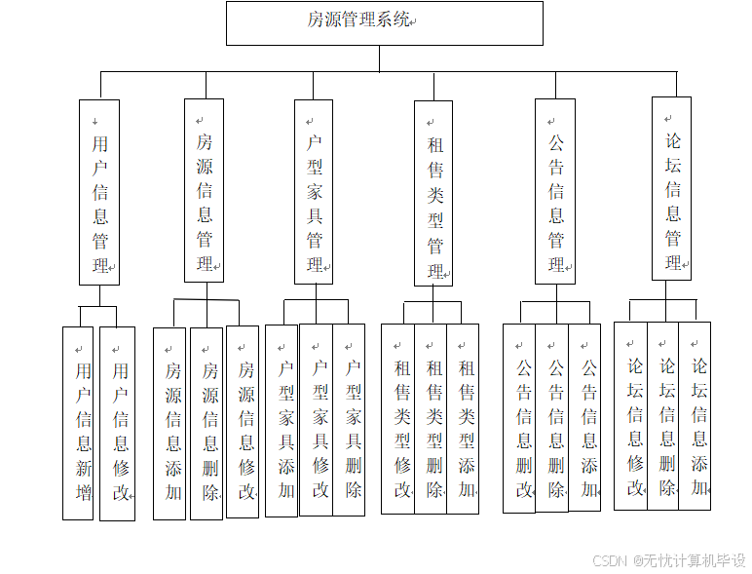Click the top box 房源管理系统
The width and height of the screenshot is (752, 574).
click(x=384, y=23)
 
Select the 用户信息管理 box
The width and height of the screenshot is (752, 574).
click(x=99, y=192)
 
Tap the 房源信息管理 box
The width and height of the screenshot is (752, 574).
click(x=204, y=191)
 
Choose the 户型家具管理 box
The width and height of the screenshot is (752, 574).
click(x=314, y=191)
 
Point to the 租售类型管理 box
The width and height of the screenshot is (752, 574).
click(x=433, y=193)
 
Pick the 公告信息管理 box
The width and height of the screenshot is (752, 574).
click(x=555, y=191)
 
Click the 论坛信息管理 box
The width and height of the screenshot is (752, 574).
click(x=672, y=189)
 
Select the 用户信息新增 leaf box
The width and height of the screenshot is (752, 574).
click(x=79, y=423)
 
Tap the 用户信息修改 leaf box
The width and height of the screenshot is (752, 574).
click(x=118, y=423)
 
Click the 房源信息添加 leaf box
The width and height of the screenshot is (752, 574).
click(x=170, y=423)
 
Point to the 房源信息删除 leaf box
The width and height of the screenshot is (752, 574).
click(x=207, y=423)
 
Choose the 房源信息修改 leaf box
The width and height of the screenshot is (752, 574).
click(x=244, y=421)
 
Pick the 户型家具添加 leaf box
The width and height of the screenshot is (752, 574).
click(x=282, y=420)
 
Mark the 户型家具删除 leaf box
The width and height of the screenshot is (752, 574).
click(x=350, y=420)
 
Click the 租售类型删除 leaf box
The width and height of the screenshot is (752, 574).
click(x=432, y=419)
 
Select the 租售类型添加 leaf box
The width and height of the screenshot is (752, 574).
click(x=464, y=419)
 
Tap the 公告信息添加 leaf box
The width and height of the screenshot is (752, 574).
click(x=585, y=418)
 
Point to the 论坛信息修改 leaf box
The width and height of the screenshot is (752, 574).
click(x=631, y=415)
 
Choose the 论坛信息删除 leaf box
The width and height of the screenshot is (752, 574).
click(x=663, y=415)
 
